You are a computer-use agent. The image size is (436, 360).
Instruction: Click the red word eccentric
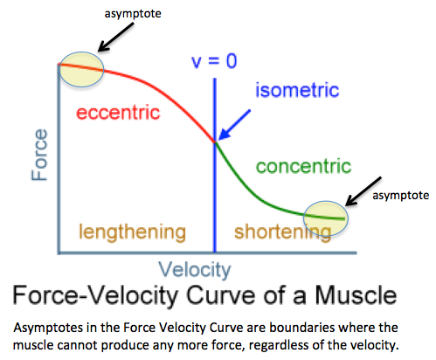(x=118, y=113)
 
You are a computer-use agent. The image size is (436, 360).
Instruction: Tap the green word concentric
(x=303, y=166)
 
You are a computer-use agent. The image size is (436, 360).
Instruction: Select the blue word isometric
(x=297, y=90)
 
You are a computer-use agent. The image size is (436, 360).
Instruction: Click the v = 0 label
(x=214, y=61)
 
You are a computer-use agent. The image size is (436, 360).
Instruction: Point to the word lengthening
(x=132, y=232)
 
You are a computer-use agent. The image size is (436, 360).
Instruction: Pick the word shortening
(x=283, y=232)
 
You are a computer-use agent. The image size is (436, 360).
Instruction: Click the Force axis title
(x=39, y=155)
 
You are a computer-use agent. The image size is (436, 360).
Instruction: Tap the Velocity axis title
(x=195, y=270)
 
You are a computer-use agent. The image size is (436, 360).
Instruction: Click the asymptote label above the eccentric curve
(x=133, y=14)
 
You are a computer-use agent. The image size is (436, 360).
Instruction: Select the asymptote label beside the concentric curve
(x=401, y=196)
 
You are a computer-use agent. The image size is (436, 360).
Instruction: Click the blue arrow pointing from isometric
(x=234, y=125)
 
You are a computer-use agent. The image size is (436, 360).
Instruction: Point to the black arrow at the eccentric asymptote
(x=115, y=38)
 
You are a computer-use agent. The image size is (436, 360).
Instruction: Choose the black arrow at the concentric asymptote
(x=363, y=191)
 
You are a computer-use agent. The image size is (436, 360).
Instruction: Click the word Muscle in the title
(x=356, y=295)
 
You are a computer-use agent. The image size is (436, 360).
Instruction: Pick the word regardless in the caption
(x=279, y=345)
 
